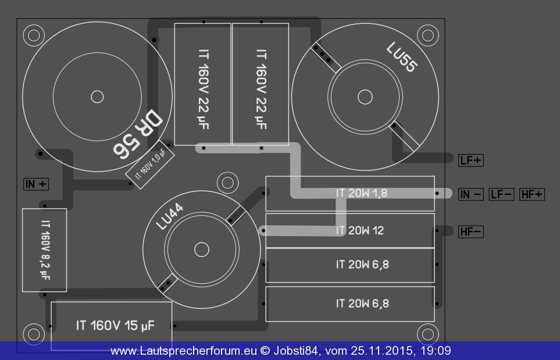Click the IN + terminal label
[36, 184]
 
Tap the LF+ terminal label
[471, 161]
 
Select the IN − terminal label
[471, 194]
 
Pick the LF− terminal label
[501, 194]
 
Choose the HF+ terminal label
[532, 194]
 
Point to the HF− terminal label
[471, 232]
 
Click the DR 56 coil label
[138, 134]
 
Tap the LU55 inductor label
[402, 57]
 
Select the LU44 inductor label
[170, 216]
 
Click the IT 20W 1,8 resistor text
[362, 193]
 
